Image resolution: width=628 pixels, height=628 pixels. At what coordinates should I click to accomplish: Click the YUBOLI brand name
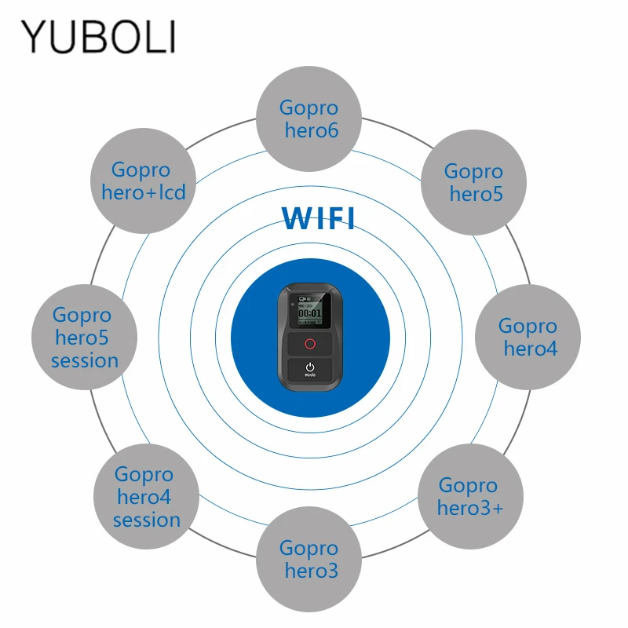tap(98, 37)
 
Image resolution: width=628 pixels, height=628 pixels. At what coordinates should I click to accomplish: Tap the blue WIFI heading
tap(318, 218)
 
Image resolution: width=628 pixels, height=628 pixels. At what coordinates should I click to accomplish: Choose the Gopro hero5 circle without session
tap(473, 181)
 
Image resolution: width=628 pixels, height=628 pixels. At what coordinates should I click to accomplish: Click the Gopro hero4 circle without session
tap(528, 337)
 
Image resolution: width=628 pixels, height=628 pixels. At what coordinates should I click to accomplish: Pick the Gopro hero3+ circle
tap(468, 496)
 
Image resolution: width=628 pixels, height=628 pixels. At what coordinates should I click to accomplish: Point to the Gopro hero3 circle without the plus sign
tap(309, 559)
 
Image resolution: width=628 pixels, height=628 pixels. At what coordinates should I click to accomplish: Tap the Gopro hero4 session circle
tap(146, 497)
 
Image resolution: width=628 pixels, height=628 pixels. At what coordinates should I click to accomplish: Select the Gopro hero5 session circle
tap(84, 338)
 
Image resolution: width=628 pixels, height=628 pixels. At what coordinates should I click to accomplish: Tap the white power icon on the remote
tap(310, 367)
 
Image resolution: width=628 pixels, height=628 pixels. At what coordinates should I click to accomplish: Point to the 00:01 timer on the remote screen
tap(310, 314)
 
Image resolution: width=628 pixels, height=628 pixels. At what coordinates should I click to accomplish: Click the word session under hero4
tap(147, 520)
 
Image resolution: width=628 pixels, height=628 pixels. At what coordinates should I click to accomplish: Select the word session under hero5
tap(85, 361)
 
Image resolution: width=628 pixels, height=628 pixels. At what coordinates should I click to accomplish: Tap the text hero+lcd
tap(144, 192)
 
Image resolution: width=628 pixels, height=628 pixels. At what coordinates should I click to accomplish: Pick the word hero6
tap(312, 130)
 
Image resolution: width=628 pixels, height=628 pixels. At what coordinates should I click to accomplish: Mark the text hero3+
tap(470, 508)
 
